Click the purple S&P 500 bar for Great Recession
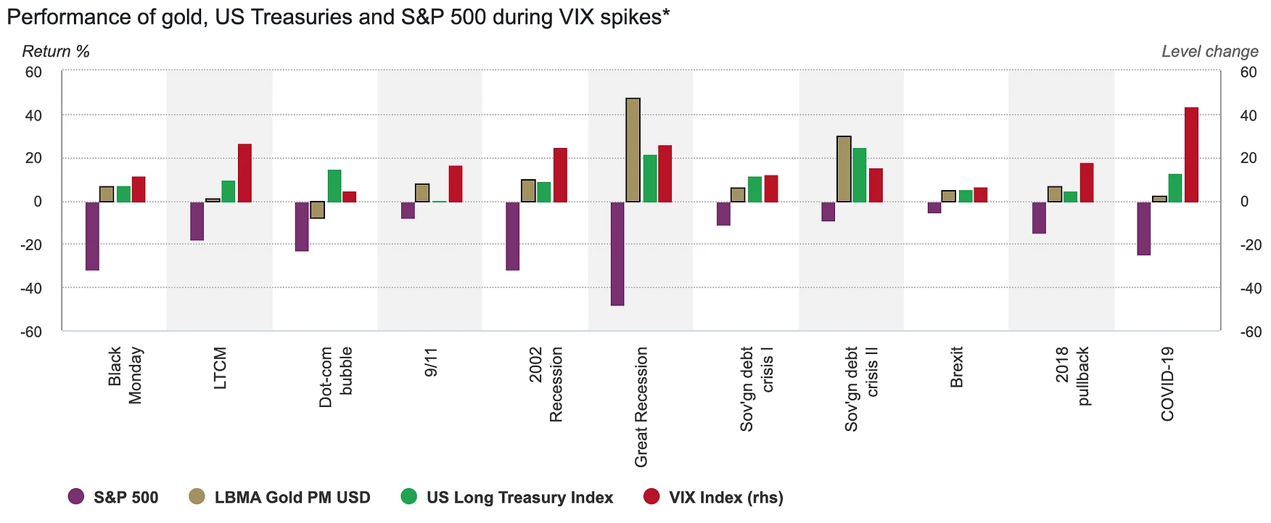click(x=617, y=253)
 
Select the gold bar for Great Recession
click(x=633, y=149)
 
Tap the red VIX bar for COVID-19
click(x=1191, y=155)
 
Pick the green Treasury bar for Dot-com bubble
click(x=334, y=186)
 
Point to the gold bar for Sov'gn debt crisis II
click(x=844, y=169)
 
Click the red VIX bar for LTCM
click(x=244, y=173)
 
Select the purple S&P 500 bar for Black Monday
click(x=92, y=236)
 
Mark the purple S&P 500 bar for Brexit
click(x=934, y=207)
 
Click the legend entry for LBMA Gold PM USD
click(x=292, y=498)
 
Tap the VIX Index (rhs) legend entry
click(x=725, y=498)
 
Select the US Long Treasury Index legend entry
click(x=519, y=498)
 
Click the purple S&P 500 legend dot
click(x=76, y=497)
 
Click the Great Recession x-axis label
click(x=641, y=407)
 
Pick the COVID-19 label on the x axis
click(x=1167, y=384)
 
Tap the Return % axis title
click(x=56, y=52)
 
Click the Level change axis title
click(x=1209, y=52)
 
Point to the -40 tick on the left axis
click(x=33, y=288)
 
